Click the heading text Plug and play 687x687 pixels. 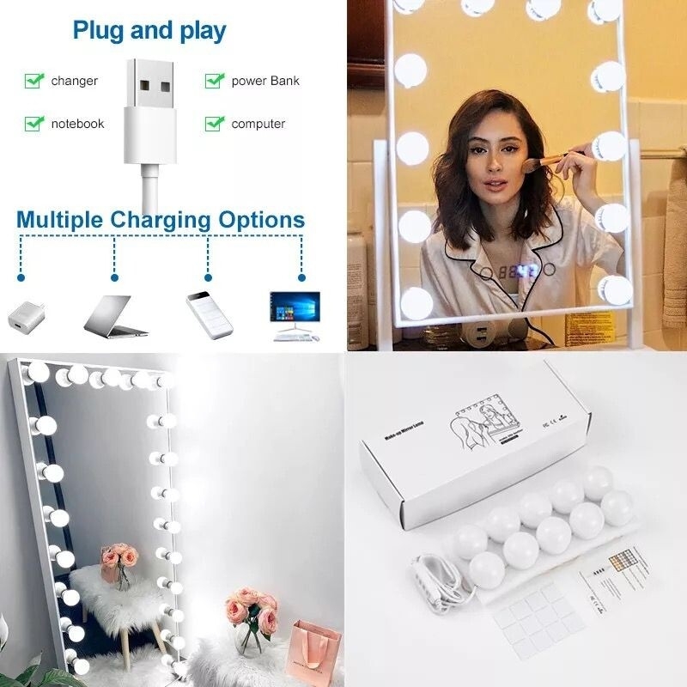click(149, 32)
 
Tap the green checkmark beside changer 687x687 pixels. click(34, 81)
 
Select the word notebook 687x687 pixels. click(77, 124)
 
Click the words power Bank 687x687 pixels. click(265, 81)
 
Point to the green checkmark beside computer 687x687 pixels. click(214, 124)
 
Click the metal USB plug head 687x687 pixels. click(154, 90)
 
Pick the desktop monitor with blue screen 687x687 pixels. click(295, 310)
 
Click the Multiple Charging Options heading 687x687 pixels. click(161, 219)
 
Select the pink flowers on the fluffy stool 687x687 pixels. click(119, 559)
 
